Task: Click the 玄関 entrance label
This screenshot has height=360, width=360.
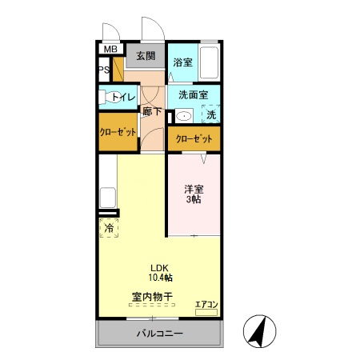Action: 145,56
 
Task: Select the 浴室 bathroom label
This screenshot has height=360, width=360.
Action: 182,62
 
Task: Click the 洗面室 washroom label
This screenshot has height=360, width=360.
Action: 193,94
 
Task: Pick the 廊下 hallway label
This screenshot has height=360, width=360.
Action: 152,112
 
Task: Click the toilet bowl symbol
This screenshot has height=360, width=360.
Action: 104,98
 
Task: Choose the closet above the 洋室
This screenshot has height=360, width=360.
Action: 194,138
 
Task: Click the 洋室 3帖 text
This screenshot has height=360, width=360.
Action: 194,194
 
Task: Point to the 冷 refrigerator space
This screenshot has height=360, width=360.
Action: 109,228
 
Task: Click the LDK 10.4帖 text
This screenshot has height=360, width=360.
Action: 160,272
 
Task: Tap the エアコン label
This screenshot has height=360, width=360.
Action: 206,303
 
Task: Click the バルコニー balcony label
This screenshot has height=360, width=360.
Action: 159,334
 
